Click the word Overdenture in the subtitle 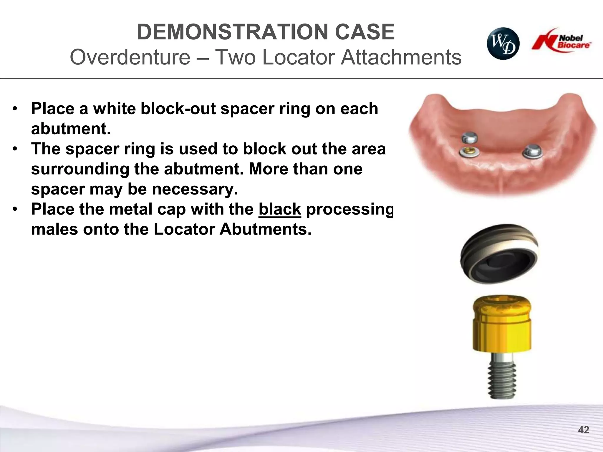(x=130, y=57)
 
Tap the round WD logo (x=503, y=44)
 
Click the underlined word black (x=280, y=209)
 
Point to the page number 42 (x=584, y=430)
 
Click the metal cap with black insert (x=499, y=254)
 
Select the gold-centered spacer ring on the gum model (x=469, y=152)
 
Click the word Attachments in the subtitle (x=401, y=57)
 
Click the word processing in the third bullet (x=349, y=210)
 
